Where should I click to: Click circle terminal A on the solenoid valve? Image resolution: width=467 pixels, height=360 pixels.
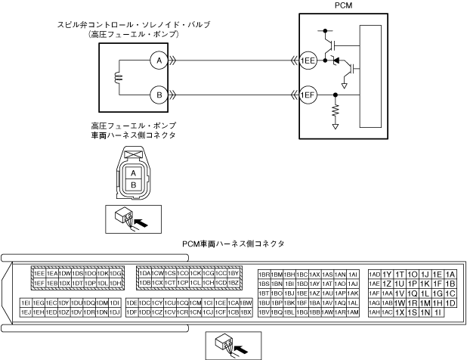[x=156, y=59]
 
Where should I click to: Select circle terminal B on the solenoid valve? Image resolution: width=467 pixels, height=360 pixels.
[x=156, y=95]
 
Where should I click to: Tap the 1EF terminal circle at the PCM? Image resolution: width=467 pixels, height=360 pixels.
[x=307, y=95]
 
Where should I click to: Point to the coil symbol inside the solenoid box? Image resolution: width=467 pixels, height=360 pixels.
[x=116, y=77]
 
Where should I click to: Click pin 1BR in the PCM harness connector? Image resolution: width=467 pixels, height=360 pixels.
[x=264, y=273]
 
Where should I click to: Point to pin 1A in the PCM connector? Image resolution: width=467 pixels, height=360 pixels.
[x=451, y=274]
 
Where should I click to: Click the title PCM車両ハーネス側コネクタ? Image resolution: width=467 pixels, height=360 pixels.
[x=233, y=244]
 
